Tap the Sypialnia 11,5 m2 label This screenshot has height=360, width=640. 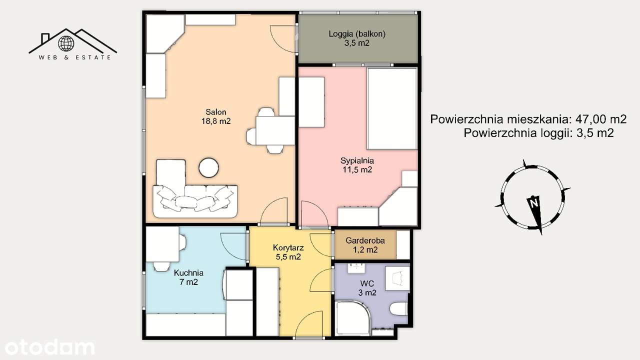[357, 165]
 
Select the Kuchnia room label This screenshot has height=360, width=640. [188, 277]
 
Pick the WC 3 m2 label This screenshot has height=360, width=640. [367, 288]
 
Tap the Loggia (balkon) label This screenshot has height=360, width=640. [357, 38]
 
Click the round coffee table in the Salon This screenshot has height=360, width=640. [208, 167]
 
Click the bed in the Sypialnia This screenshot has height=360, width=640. [392, 108]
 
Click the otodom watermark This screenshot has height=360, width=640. [48, 347]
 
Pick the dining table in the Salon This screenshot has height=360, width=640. [275, 130]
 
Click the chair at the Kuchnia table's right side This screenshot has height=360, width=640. [183, 242]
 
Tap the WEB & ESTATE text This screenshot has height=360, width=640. [75, 57]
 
